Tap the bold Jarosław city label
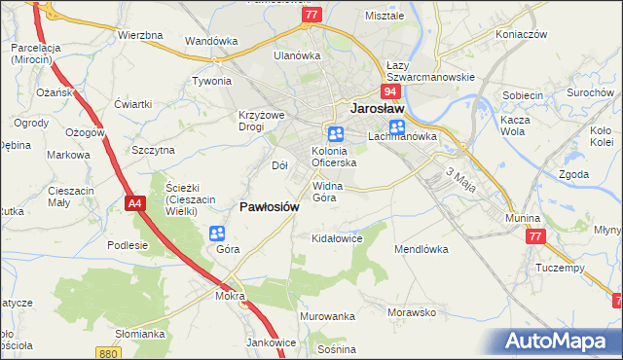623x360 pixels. tap(377, 110)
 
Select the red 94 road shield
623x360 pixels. tap(389, 91)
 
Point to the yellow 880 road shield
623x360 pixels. tap(109, 353)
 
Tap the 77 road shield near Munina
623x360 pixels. tap(534, 236)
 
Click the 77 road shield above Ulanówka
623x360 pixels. tap(311, 16)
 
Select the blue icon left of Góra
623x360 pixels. tap(216, 234)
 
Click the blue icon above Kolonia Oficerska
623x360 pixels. tap(335, 134)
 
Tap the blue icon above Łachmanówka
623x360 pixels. tap(397, 127)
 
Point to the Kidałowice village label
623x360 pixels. tap(336, 237)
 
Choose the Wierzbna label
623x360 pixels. tap(139, 35)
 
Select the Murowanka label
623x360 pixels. tap(327, 317)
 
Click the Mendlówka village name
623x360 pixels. tap(421, 249)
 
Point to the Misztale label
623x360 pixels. tap(384, 17)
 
